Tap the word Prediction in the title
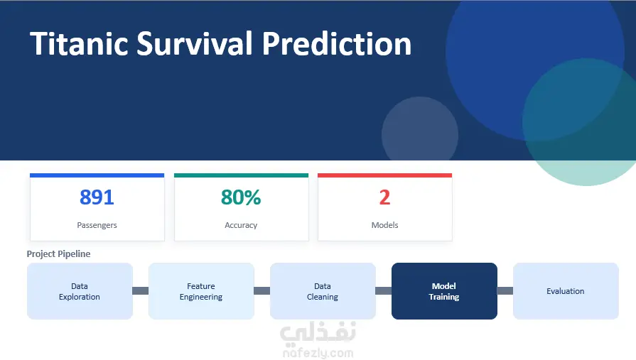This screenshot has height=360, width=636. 337,43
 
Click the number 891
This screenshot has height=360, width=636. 97,197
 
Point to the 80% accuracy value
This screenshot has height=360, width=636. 241,197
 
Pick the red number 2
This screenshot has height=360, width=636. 384,197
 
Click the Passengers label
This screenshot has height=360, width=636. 97,225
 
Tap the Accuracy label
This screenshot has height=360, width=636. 241,225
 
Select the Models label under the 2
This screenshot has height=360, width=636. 385,225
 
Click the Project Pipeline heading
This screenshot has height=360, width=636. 58,253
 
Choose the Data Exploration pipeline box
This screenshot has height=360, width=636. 80,291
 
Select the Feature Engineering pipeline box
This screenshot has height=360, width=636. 201,291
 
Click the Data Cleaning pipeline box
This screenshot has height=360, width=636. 323,291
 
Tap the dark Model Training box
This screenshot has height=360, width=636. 444,291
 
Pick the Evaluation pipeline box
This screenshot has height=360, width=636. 566,291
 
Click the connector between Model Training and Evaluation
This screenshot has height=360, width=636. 505,290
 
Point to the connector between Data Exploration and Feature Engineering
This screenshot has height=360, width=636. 141,290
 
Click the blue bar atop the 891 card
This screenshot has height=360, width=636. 97,175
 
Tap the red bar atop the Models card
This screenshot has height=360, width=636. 384,175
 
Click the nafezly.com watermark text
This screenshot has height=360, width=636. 318,353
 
